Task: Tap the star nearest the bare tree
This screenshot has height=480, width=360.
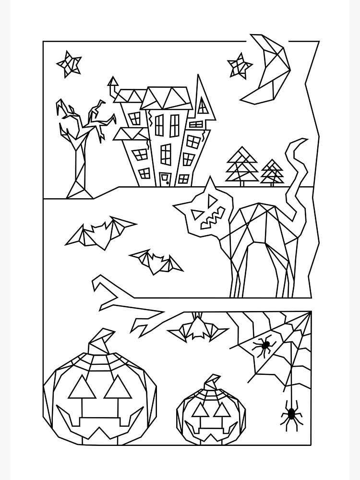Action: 69,63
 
